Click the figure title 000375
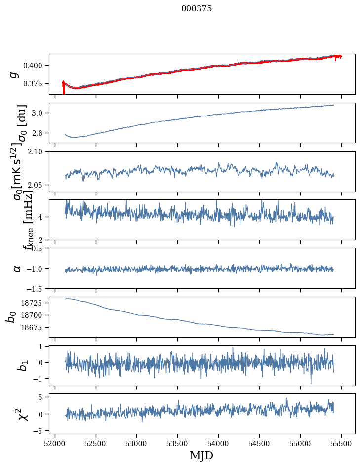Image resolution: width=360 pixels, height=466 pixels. (197, 9)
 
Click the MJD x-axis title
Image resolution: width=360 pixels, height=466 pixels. (201, 456)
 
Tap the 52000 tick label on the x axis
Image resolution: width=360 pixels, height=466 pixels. (55, 444)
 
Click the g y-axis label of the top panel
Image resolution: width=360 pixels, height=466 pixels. (15, 74)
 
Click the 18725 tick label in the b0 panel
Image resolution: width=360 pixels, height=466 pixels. (36, 303)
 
